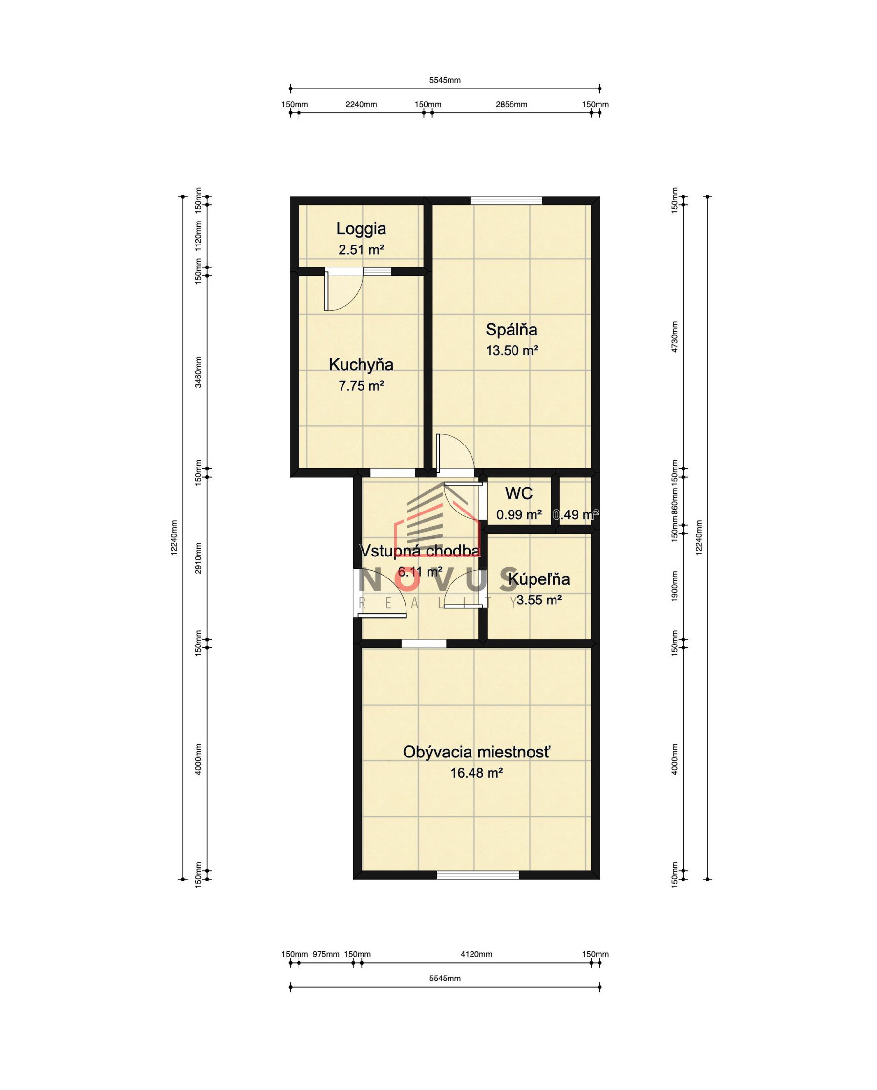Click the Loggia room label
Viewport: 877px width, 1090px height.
[361, 229]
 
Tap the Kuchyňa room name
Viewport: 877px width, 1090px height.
[361, 364]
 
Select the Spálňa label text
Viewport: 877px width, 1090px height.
[511, 330]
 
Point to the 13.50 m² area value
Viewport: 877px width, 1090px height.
[512, 350]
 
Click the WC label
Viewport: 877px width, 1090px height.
[519, 493]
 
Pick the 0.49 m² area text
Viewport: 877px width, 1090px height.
[576, 514]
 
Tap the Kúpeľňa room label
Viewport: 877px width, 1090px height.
[539, 579]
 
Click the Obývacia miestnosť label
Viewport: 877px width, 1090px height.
[476, 752]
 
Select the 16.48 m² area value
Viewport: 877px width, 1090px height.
[476, 773]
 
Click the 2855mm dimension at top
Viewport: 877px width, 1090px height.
[511, 105]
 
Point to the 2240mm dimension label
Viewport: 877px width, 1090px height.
[361, 105]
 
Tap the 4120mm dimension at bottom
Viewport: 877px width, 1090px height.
[476, 954]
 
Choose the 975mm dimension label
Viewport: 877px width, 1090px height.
[326, 954]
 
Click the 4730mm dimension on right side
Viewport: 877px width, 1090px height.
[675, 337]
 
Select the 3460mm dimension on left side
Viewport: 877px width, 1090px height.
[198, 372]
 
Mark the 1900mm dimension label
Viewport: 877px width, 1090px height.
[675, 586]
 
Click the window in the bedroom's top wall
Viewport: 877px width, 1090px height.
[506, 200]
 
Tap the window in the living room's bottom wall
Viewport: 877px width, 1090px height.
[478, 875]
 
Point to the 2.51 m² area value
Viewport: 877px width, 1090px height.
[361, 250]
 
